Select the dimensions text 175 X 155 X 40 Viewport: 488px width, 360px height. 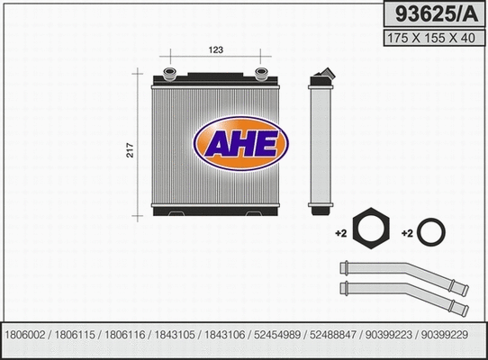pyautogui.click(x=432, y=39)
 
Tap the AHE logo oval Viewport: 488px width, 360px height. pyautogui.click(x=240, y=143)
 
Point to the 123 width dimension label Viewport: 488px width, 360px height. pyautogui.click(x=215, y=49)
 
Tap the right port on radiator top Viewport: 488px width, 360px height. pyautogui.click(x=262, y=73)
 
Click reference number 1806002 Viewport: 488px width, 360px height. pyautogui.click(x=27, y=334)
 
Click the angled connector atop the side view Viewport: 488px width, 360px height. pyautogui.click(x=323, y=75)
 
